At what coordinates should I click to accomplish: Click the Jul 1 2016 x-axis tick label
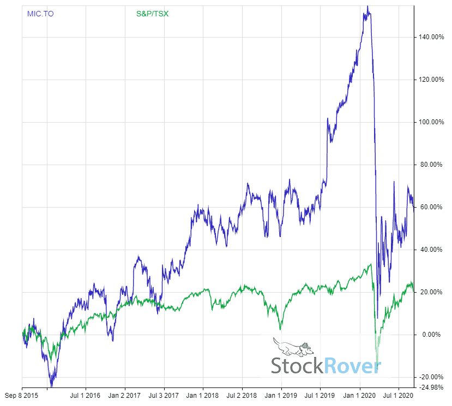click(86, 393)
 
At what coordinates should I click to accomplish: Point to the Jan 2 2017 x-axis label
click(125, 393)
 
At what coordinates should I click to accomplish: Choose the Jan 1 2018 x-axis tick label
click(203, 393)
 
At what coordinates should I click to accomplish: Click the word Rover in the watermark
click(353, 365)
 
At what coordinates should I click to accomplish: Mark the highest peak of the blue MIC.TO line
click(368, 7)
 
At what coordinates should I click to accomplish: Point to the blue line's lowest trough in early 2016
click(52, 386)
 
